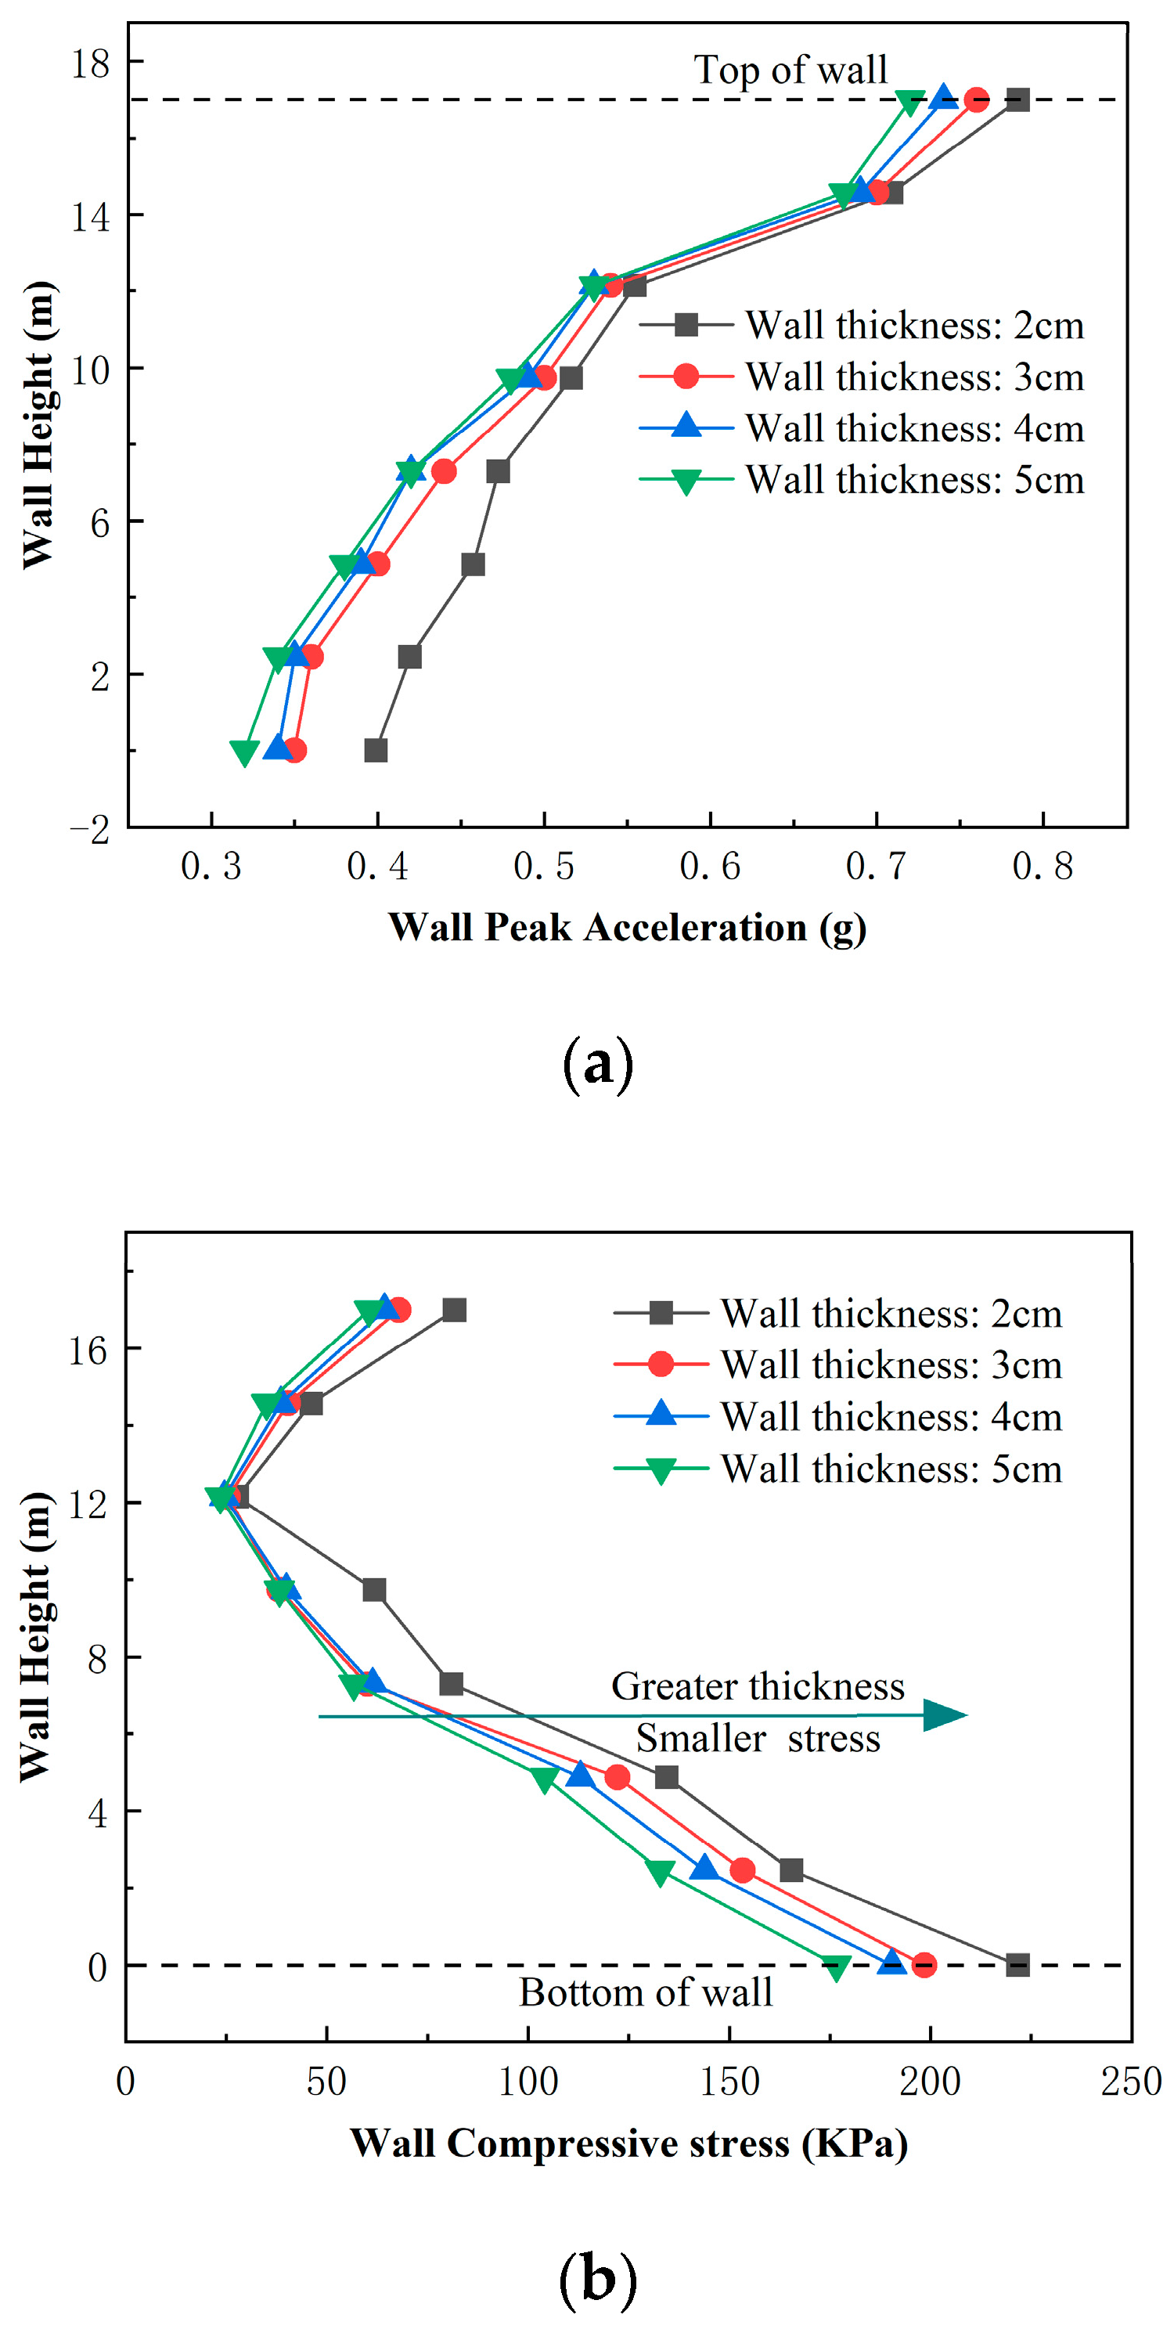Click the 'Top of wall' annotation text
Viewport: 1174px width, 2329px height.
click(790, 70)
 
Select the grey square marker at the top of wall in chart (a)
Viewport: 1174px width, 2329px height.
click(1017, 99)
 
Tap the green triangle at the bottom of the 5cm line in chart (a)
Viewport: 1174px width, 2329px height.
click(244, 752)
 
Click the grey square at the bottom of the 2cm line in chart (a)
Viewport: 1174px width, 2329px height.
click(376, 749)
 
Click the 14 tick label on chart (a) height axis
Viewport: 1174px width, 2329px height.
click(90, 217)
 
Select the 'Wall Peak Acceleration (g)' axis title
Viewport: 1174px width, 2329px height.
click(627, 928)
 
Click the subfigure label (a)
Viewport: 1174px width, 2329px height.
click(597, 1065)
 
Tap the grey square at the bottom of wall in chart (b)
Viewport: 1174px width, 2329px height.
click(1017, 1965)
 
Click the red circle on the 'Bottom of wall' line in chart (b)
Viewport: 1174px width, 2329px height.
click(924, 1965)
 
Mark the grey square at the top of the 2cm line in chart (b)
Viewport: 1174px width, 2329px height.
click(454, 1310)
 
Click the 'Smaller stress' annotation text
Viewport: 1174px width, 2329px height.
click(758, 1739)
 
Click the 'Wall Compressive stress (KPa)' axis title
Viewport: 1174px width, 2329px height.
click(629, 2143)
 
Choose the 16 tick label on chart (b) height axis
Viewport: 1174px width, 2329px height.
click(88, 1350)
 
